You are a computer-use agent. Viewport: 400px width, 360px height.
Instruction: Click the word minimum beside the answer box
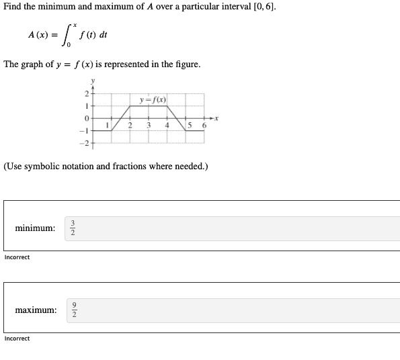click(x=35, y=228)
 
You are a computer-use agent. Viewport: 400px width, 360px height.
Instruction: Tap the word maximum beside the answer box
click(x=36, y=310)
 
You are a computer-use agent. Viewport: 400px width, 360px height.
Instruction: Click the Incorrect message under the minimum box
click(x=17, y=257)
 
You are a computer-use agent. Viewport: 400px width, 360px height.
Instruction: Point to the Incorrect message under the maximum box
click(x=17, y=339)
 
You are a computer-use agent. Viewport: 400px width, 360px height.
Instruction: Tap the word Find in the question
click(x=13, y=7)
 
